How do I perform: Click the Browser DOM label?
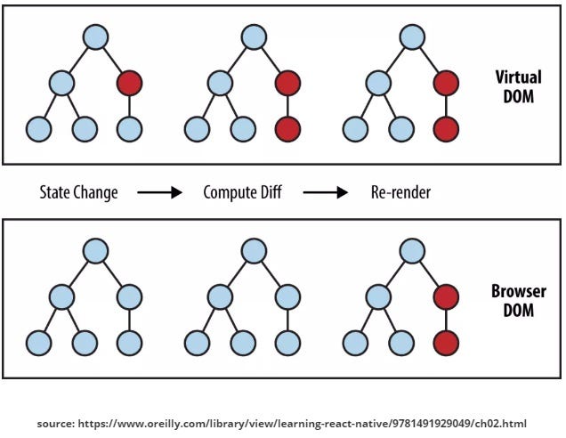[518, 300]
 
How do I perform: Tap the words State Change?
[79, 192]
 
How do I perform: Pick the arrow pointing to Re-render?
[325, 192]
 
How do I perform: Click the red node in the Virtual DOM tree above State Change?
[130, 85]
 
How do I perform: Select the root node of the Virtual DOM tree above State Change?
[95, 37]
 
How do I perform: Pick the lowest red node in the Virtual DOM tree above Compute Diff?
[287, 130]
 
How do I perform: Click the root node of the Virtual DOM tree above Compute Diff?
[254, 37]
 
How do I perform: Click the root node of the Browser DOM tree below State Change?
[95, 250]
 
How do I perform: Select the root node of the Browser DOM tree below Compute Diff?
[254, 250]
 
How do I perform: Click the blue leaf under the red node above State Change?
[130, 130]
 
